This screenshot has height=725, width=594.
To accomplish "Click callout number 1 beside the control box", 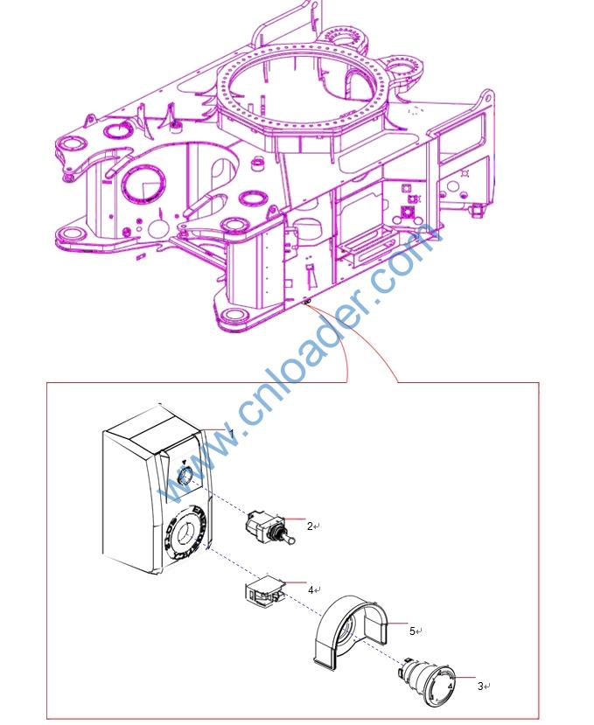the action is click(x=232, y=434).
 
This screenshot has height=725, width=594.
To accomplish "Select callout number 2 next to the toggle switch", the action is click(x=310, y=526).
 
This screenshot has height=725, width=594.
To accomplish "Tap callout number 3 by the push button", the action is click(x=480, y=687).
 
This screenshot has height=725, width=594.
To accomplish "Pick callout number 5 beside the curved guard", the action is click(x=412, y=631).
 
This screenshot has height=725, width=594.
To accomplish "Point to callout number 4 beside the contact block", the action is click(x=311, y=589).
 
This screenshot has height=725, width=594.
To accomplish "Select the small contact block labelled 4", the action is click(x=262, y=590).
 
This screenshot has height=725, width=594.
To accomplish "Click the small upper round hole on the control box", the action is click(x=185, y=475).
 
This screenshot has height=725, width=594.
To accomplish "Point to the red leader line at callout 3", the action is click(x=464, y=678).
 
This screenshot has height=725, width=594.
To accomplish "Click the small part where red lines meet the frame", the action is click(x=307, y=302).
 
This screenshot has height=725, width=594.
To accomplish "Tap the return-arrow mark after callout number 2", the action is click(x=317, y=526).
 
